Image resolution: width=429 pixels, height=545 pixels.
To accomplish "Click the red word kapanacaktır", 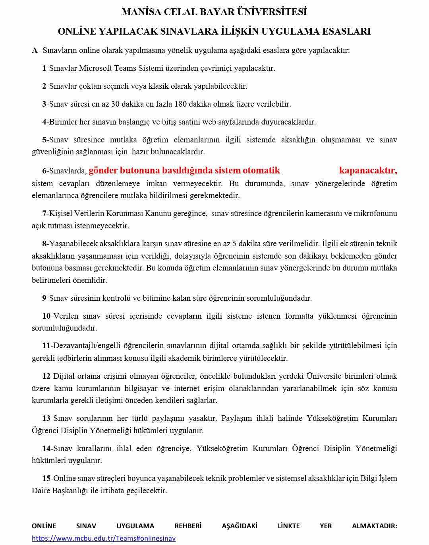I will tap(368, 171).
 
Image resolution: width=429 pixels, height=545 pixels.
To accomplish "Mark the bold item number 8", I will tap(44, 243).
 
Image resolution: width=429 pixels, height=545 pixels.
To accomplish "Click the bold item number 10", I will tap(46, 316).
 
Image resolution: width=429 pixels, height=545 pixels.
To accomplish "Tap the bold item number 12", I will tap(46, 376).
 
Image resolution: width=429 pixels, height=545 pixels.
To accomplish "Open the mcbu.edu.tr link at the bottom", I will tap(104, 539).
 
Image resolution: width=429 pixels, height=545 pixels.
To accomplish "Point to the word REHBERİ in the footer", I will tap(188, 526).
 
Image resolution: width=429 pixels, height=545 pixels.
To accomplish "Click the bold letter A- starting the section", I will tap(35, 51).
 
